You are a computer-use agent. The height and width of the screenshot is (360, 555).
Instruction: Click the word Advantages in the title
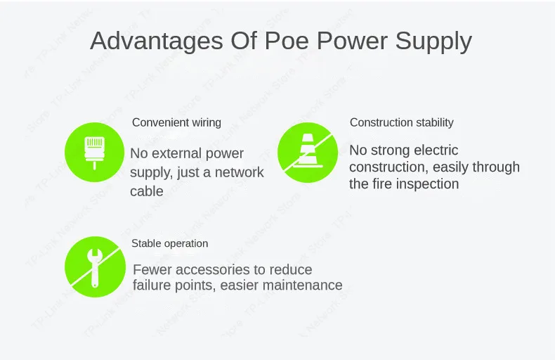(157, 41)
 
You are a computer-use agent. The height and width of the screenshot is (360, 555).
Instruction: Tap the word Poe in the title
(287, 41)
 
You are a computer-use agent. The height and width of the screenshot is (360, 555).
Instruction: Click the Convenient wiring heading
(176, 122)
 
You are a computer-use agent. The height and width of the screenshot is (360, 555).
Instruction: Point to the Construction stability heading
(401, 122)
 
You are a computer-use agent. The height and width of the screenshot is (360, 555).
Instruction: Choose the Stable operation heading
(169, 243)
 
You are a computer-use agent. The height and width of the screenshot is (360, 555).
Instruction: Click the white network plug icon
(95, 153)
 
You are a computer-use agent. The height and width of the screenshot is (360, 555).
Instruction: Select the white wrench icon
(95, 267)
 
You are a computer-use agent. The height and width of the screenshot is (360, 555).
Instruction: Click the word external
(176, 153)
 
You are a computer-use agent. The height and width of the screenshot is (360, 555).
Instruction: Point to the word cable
(147, 191)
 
